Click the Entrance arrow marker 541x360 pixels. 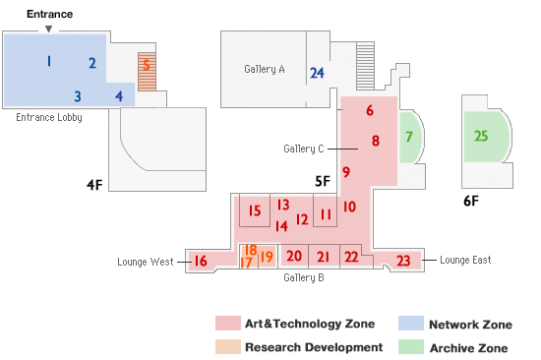(x=48, y=29)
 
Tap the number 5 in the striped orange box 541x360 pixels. (x=147, y=66)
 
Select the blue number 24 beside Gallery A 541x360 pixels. (x=317, y=73)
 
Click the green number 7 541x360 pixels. (x=408, y=135)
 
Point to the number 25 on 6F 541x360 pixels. (x=481, y=136)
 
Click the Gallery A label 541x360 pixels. (x=264, y=69)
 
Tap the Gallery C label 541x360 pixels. (x=303, y=149)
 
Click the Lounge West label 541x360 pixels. (x=146, y=262)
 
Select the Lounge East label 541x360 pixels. (x=465, y=260)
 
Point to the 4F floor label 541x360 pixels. (x=94, y=183)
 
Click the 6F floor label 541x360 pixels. (x=471, y=201)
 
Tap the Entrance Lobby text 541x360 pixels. (x=49, y=117)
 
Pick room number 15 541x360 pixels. (x=255, y=210)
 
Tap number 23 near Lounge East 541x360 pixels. (x=403, y=261)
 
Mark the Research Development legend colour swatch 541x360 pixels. (x=228, y=347)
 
